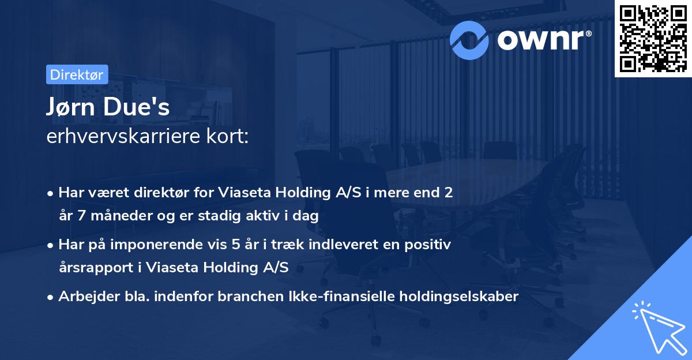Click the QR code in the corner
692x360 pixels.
pos(653,38)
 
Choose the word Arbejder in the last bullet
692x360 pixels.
pos(85,297)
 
